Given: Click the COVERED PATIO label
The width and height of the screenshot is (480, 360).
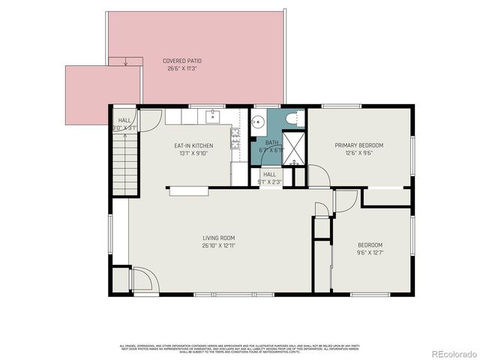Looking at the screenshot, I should [182, 61].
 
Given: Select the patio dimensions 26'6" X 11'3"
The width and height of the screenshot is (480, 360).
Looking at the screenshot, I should [182, 68].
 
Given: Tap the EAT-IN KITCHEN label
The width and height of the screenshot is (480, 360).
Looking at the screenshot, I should [193, 145].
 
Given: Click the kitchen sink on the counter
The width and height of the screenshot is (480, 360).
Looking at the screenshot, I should [213, 116].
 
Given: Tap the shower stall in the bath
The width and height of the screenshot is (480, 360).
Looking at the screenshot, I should [294, 148].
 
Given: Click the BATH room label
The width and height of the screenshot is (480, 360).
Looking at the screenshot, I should [271, 142].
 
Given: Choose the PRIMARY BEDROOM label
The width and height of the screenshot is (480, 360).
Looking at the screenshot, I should [358, 145].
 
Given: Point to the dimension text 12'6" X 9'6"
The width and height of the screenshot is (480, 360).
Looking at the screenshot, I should [358, 154].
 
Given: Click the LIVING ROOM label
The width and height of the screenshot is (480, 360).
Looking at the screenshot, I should [218, 238].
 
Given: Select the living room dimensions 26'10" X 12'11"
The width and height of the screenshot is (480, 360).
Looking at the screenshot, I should [218, 246].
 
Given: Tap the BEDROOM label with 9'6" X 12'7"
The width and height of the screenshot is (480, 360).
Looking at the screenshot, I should [370, 245].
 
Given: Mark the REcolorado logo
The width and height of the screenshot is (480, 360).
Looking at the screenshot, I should [452, 353].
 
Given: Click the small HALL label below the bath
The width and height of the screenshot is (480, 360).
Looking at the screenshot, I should [269, 174].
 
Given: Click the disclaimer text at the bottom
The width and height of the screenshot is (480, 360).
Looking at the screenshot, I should [239, 348].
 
